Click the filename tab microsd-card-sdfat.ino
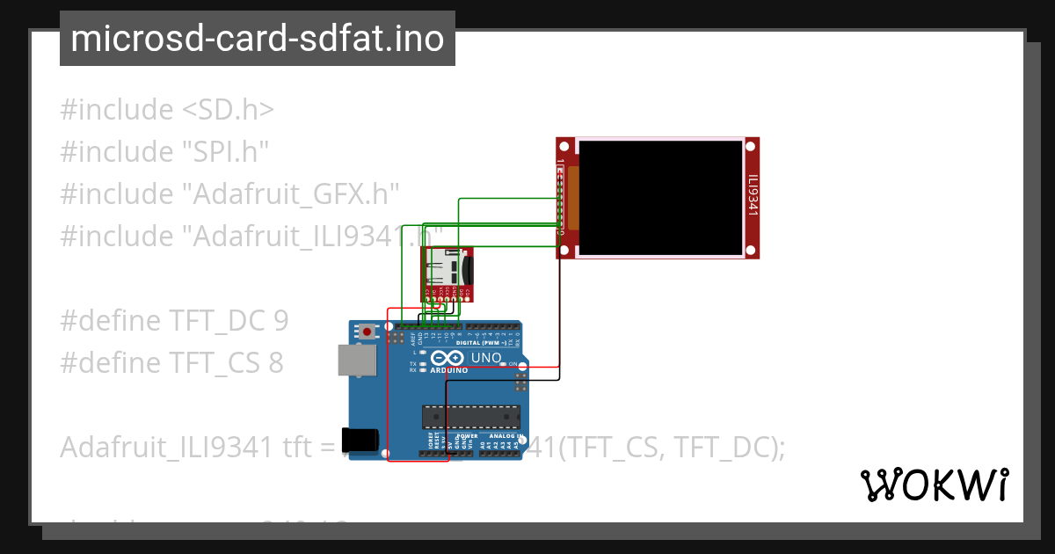pyautogui.click(x=257, y=39)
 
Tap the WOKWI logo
pyautogui.click(x=934, y=485)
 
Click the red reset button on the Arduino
pyautogui.click(x=367, y=332)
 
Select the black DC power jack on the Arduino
pyautogui.click(x=363, y=440)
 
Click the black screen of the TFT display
pyautogui.click(x=659, y=198)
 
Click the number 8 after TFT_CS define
pyautogui.click(x=275, y=362)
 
